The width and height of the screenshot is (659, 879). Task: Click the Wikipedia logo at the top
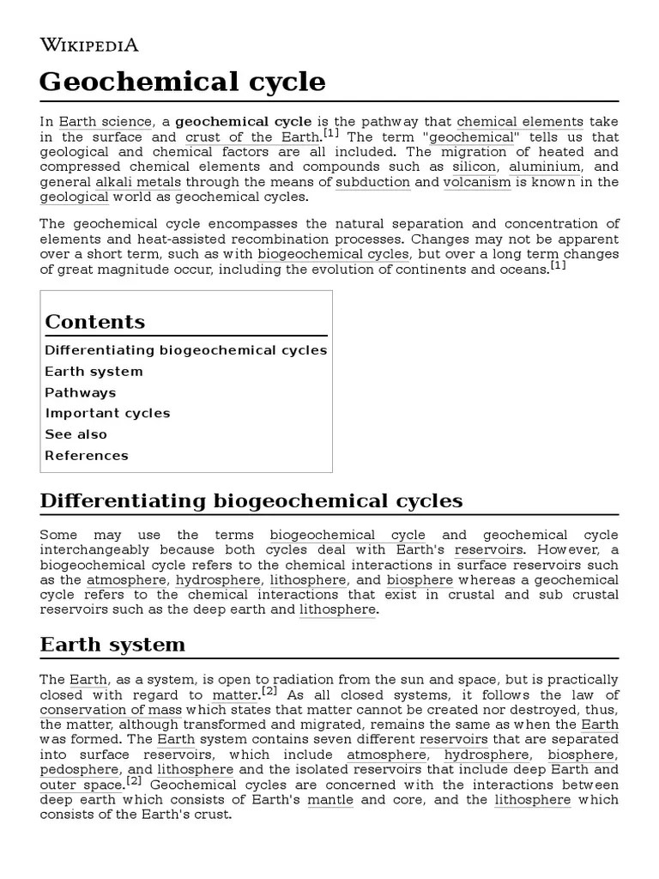[89, 45]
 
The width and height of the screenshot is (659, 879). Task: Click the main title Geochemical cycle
[183, 82]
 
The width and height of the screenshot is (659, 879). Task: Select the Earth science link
[105, 122]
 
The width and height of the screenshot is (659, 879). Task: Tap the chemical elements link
[520, 122]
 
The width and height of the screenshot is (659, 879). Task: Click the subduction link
[372, 182]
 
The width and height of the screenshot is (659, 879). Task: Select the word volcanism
[477, 182]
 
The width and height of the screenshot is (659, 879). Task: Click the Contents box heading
[95, 322]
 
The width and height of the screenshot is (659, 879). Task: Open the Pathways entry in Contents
[80, 392]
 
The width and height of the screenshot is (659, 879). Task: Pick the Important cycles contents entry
[107, 413]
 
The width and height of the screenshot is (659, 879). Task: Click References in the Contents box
[87, 456]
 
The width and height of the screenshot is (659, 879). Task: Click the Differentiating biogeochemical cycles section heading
[251, 500]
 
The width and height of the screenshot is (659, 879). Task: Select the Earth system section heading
[112, 645]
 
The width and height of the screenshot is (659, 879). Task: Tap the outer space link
[82, 785]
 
